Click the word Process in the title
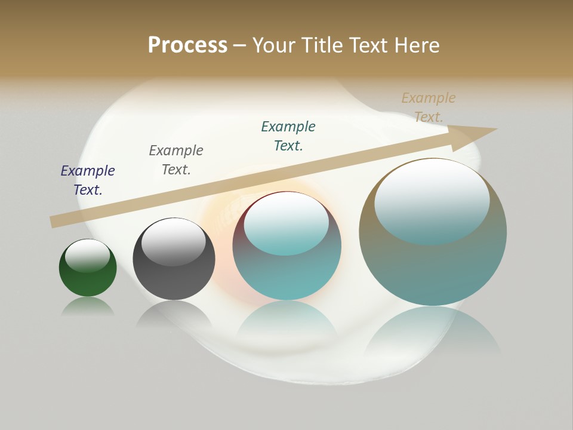click(x=187, y=45)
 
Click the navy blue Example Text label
click(x=88, y=180)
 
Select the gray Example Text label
click(x=176, y=160)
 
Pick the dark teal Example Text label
click(x=288, y=136)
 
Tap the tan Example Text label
click(x=429, y=107)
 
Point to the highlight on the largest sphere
click(x=432, y=200)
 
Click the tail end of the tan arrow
click(x=54, y=222)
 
